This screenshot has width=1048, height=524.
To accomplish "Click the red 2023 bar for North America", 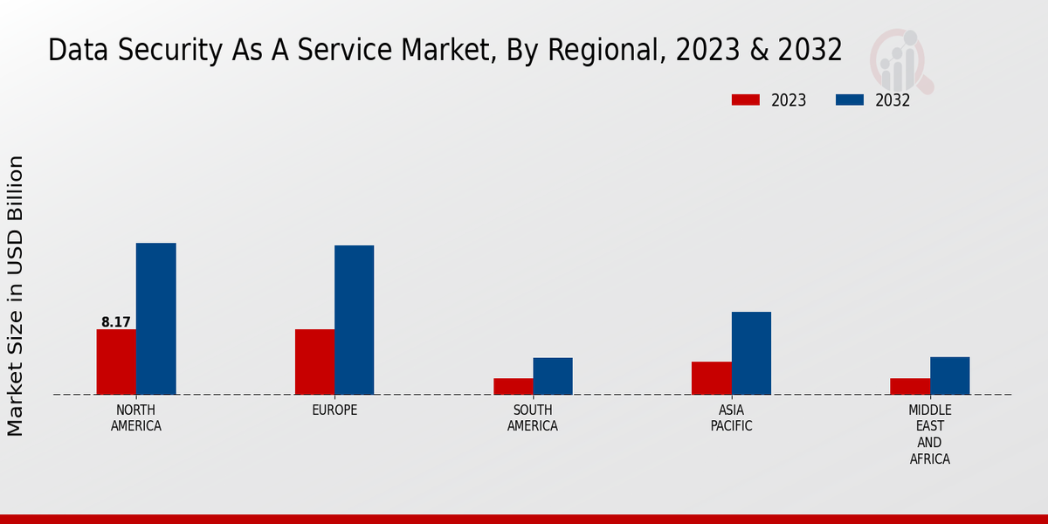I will tap(116, 362).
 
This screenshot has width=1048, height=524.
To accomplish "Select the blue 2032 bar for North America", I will tap(155, 319).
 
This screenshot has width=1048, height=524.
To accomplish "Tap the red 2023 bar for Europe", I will tap(314, 362).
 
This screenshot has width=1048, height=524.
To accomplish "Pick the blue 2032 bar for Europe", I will tap(354, 320).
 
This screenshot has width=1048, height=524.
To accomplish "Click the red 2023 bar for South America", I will tap(513, 386).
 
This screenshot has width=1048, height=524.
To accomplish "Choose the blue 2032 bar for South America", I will tap(553, 376).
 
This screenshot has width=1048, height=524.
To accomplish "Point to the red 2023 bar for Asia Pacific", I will tap(711, 377).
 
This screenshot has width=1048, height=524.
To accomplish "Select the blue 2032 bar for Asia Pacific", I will tap(751, 353).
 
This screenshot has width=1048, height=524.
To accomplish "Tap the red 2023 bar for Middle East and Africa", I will tap(910, 386).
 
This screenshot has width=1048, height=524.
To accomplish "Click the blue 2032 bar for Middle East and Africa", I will tap(949, 376).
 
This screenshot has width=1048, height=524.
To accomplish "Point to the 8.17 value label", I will tap(116, 322).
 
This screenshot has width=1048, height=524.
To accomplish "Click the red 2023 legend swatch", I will tap(745, 100).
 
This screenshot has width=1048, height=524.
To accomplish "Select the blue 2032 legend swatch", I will tap(849, 100).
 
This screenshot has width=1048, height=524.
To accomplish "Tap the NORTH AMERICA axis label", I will tap(136, 418).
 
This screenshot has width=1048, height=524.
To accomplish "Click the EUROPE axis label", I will tap(334, 410).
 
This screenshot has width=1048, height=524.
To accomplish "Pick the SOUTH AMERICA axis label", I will tap(533, 418).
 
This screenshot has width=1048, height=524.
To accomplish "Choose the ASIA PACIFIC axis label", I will tap(731, 418).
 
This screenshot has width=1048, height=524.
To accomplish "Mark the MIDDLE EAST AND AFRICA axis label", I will tap(929, 434).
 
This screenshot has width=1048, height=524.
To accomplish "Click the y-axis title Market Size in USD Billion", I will tap(16, 295).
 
